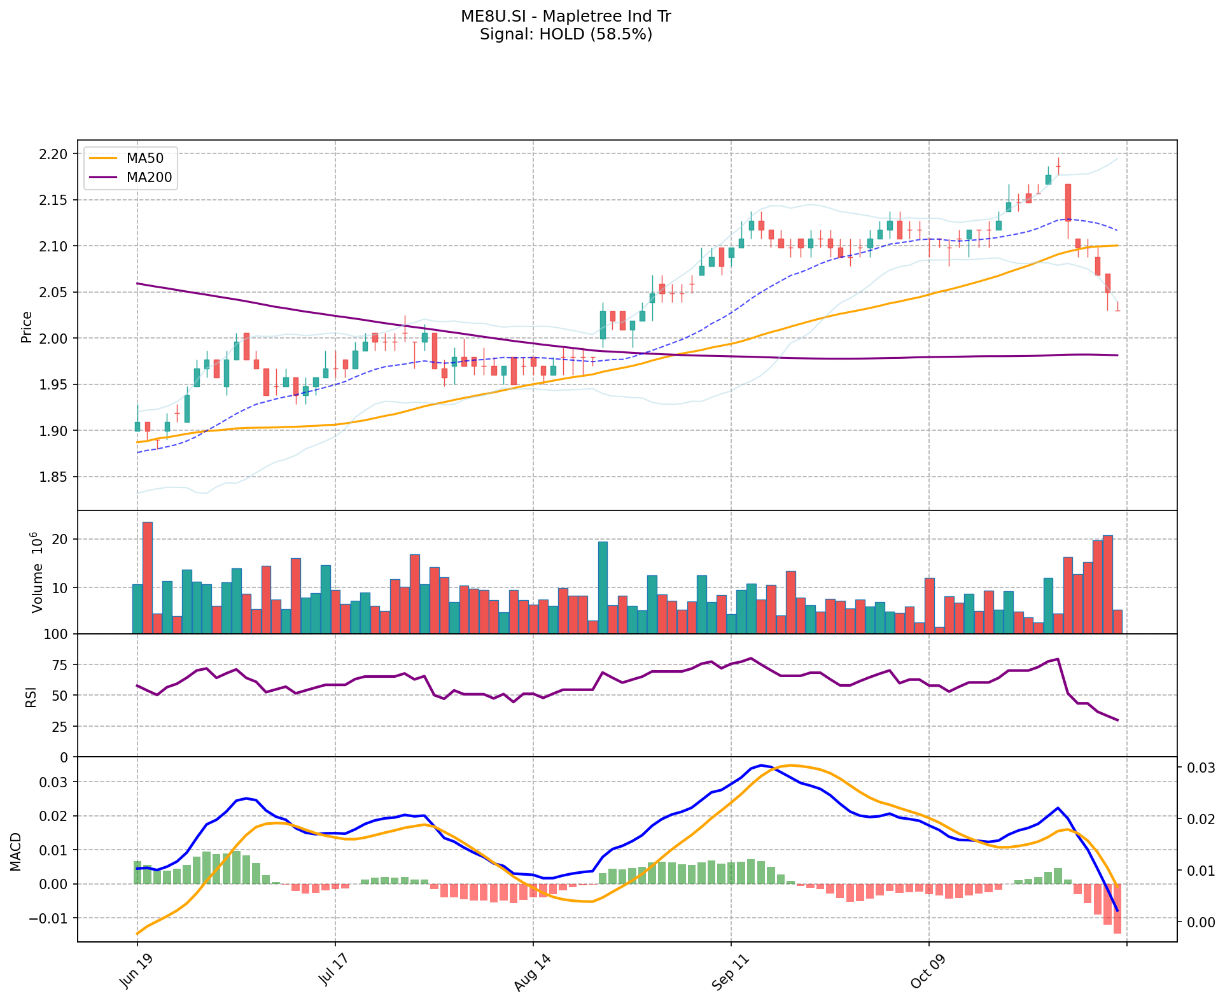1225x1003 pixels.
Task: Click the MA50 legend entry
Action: tap(145, 158)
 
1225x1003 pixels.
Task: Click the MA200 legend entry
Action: tap(149, 178)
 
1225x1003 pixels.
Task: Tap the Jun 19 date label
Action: tap(134, 971)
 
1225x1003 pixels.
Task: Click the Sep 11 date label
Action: tap(727, 971)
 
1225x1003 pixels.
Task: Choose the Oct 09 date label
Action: tap(925, 971)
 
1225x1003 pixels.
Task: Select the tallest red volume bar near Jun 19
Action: tap(148, 577)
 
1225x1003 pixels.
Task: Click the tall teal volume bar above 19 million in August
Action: tap(603, 587)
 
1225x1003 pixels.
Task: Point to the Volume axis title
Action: tap(37, 572)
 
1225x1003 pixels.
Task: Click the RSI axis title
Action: tap(31, 696)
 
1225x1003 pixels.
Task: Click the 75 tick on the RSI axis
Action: tap(60, 665)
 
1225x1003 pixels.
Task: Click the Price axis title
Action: tap(27, 326)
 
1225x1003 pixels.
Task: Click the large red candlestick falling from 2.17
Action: tap(1068, 202)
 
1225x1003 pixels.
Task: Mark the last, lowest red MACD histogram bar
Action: tap(1117, 908)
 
